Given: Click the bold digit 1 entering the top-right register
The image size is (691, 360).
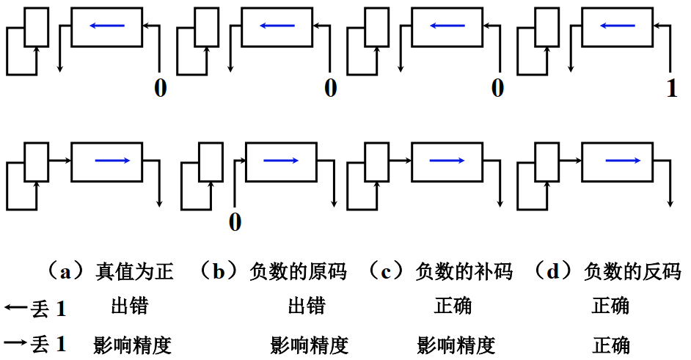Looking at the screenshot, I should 672,89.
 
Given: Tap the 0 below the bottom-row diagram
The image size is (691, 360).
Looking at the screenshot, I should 235,221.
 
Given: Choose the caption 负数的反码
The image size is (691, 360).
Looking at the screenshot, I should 632,272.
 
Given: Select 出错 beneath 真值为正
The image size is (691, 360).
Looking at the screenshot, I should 130,306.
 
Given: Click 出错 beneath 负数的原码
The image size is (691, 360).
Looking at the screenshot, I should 307,306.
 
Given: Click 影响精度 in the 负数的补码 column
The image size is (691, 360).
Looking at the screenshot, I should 456,344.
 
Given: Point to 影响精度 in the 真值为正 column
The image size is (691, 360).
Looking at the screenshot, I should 133,344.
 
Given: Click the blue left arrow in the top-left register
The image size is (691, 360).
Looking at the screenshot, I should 107,26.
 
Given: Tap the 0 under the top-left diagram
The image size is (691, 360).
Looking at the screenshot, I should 161,89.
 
